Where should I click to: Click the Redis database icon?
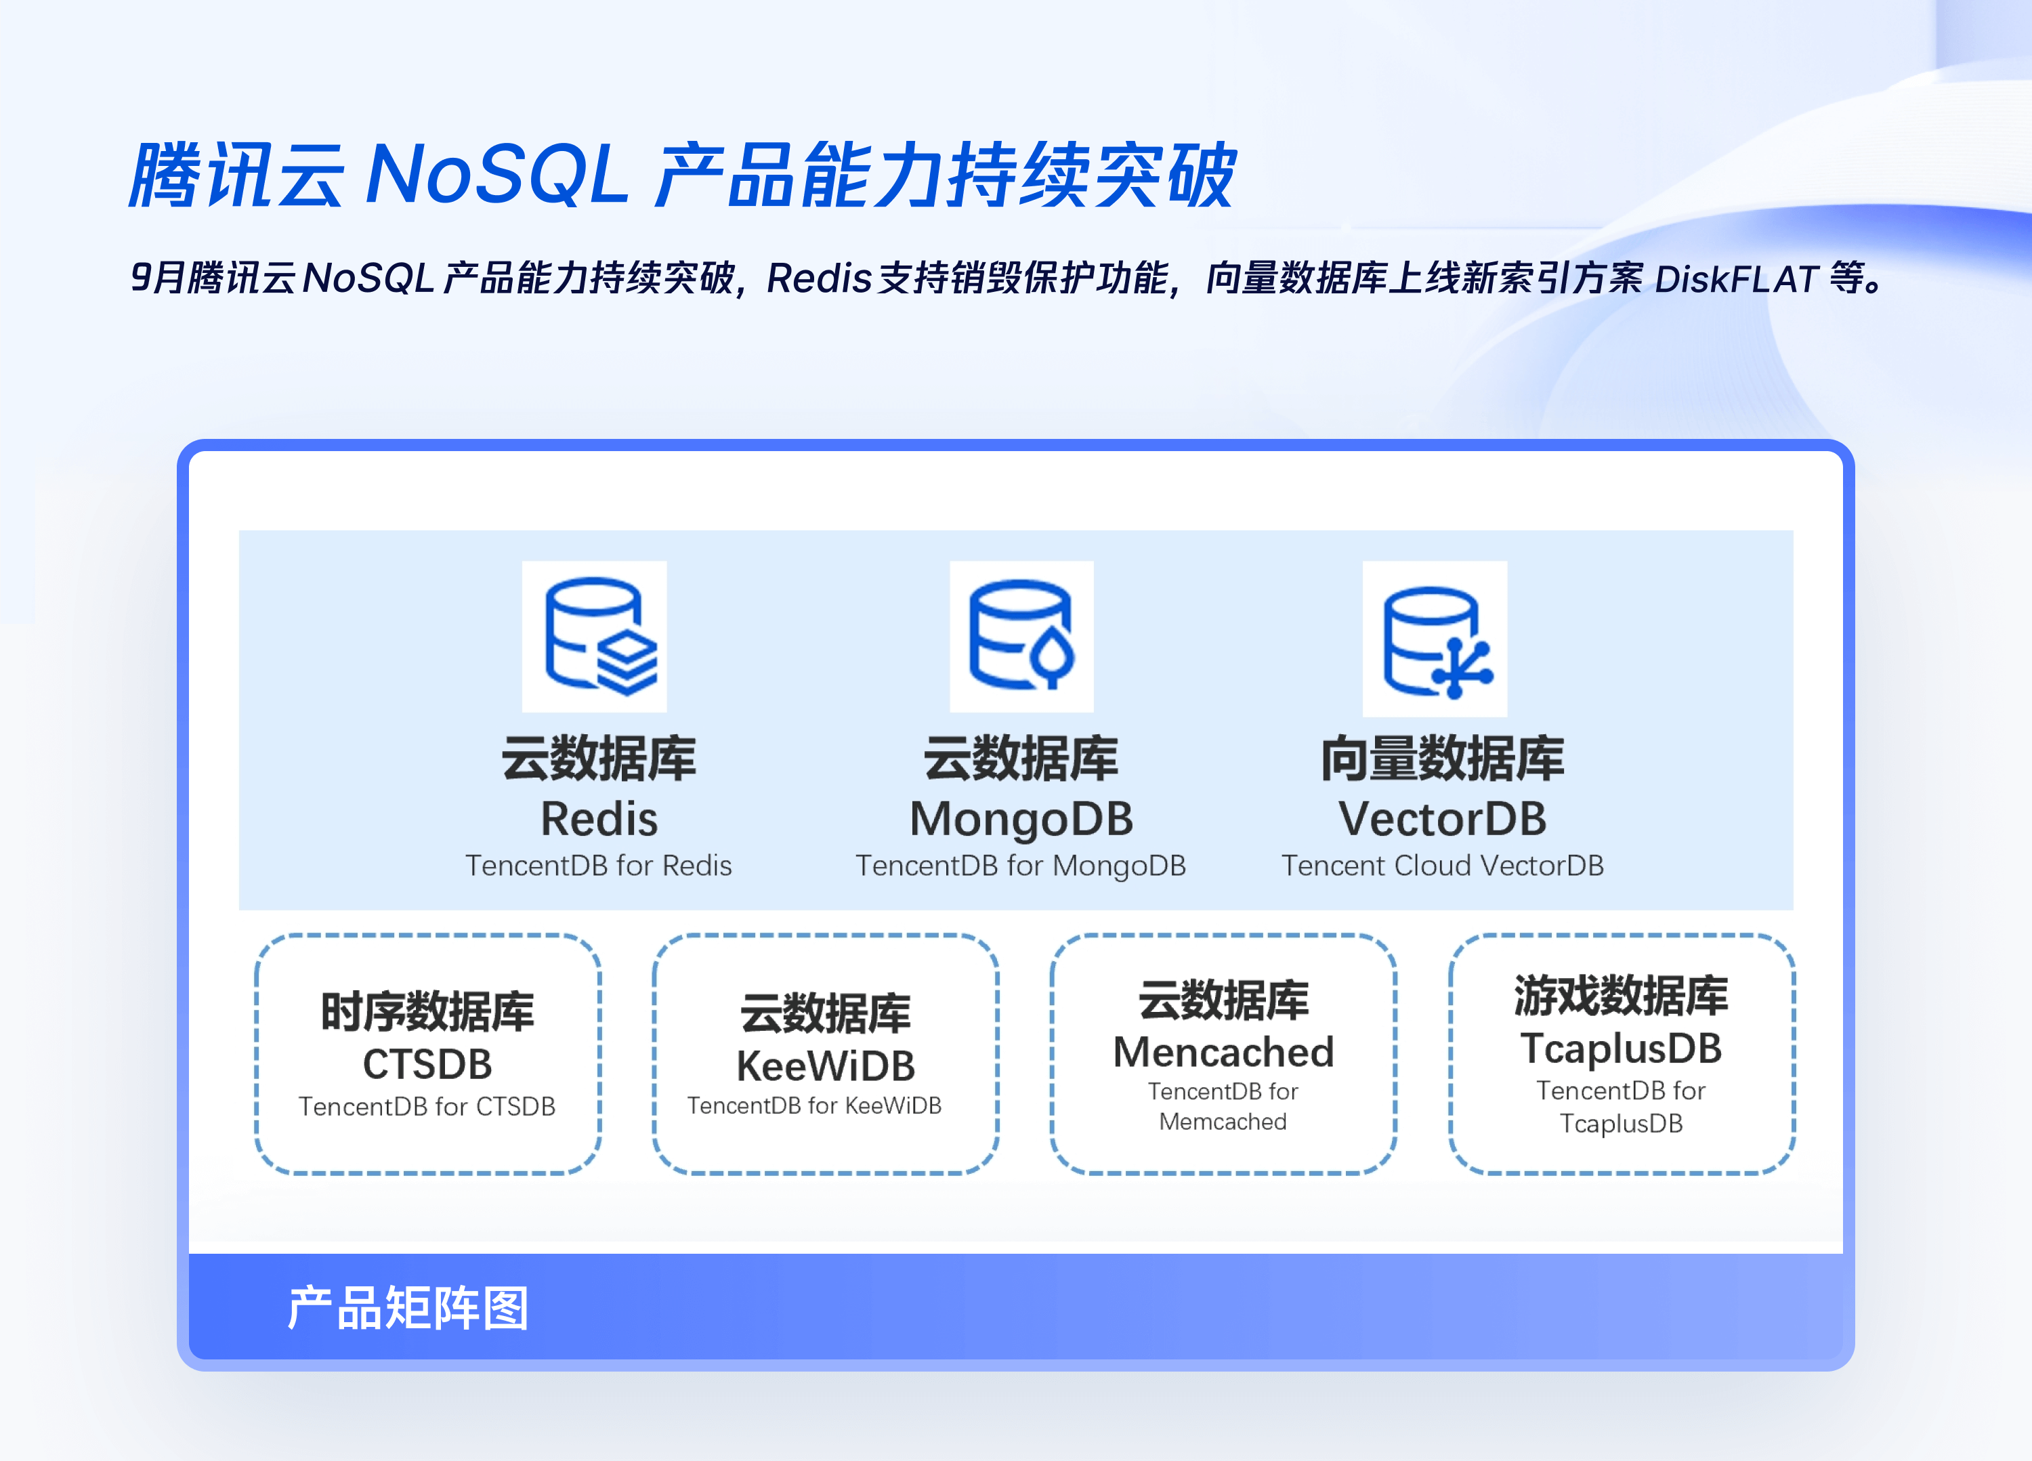pos(595,637)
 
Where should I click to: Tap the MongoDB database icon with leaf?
pos(1021,637)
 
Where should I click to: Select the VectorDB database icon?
pos(1435,639)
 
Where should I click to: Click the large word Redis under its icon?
pos(599,819)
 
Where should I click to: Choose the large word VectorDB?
pos(1443,819)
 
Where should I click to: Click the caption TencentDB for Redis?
pos(599,866)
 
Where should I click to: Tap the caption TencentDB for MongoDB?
pos(1021,866)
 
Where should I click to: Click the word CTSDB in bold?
pos(427,1064)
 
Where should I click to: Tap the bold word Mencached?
pos(1224,1052)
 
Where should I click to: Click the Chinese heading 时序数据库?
pos(427,1011)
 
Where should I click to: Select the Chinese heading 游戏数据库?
pos(1622,995)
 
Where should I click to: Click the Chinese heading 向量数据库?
pos(1443,758)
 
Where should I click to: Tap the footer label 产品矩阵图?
pos(408,1308)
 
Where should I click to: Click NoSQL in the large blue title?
pos(498,174)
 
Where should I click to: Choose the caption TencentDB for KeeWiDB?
pos(814,1106)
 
